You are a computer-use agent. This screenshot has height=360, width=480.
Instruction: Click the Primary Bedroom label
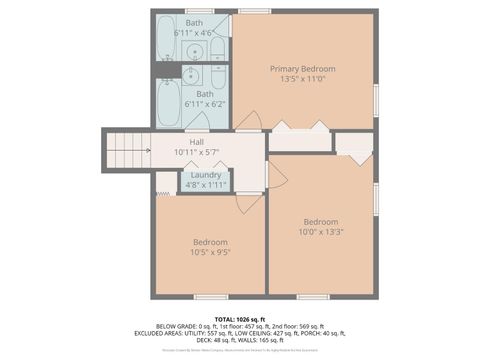tap(302, 68)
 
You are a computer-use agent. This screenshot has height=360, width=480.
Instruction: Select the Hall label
tap(183, 142)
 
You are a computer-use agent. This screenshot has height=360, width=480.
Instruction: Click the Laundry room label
tap(206, 174)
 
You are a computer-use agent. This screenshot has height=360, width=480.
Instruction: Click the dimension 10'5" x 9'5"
tap(210, 253)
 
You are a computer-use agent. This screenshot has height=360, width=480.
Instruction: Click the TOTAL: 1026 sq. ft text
tap(240, 317)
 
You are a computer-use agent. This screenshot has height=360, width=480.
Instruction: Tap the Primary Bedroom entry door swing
tap(249, 122)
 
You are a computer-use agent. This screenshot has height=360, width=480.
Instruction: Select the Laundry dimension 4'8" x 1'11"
tap(206, 185)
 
